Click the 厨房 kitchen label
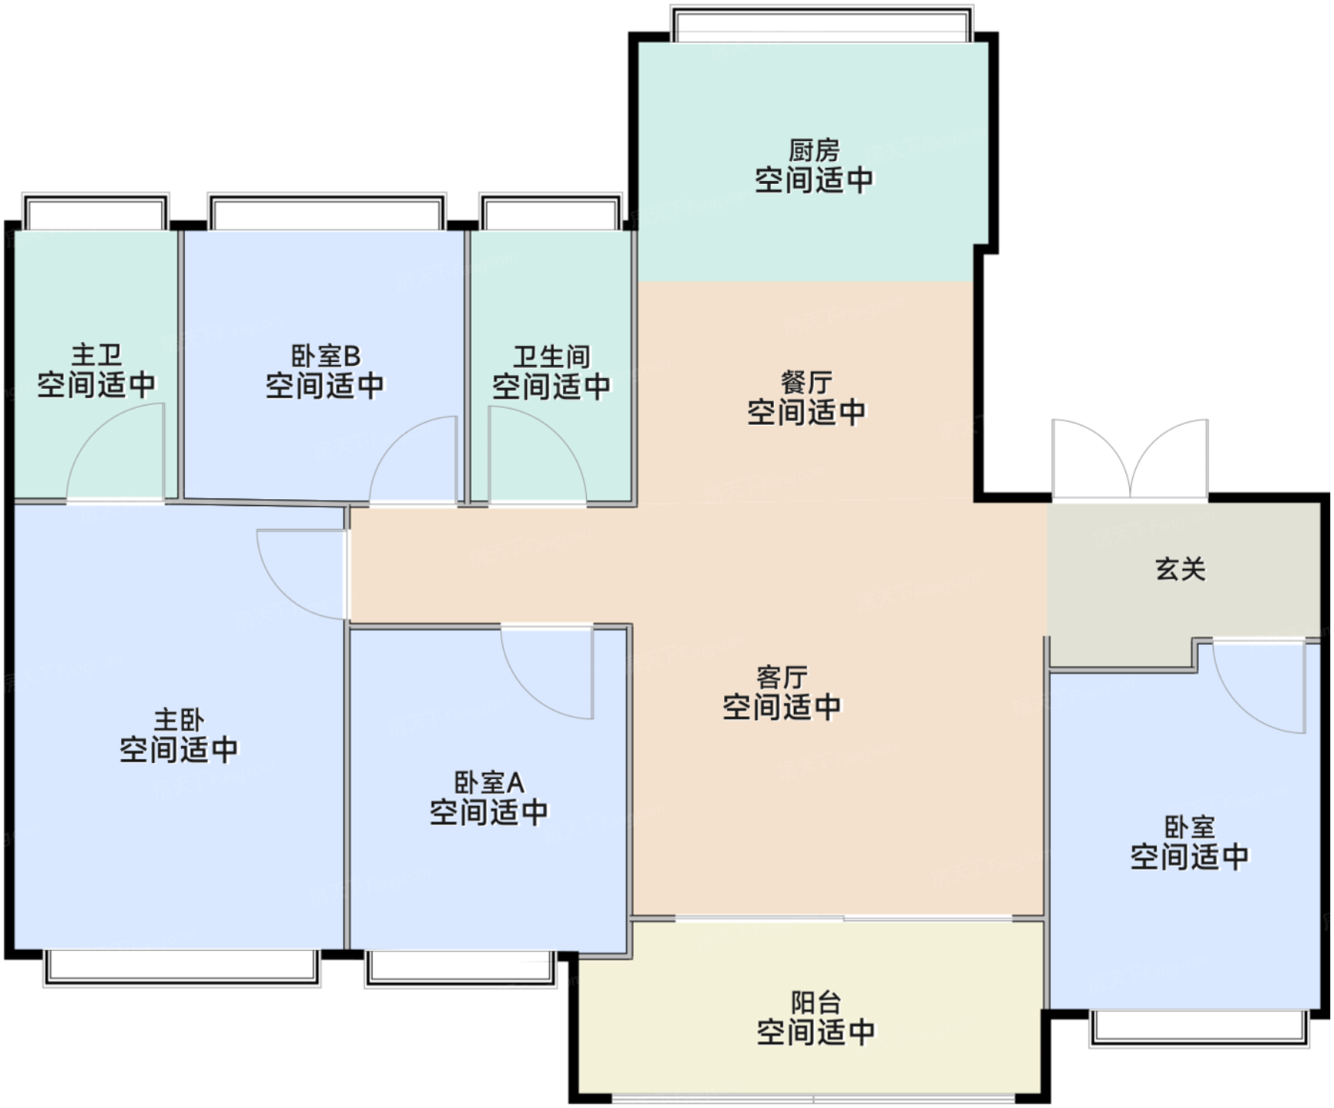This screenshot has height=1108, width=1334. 814,151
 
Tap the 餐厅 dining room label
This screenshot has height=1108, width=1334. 807,383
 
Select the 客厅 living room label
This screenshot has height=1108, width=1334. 782,677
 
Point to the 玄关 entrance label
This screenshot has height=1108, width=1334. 1181,570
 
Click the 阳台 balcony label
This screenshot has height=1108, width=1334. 816,1002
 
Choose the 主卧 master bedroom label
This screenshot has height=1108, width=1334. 179,720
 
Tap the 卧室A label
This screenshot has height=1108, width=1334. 489,783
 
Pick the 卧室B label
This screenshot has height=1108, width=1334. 326,356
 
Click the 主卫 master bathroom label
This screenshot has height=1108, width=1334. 96,354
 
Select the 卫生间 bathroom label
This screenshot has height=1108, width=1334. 552,356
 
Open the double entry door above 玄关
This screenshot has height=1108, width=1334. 1130,458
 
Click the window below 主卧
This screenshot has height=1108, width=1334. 182,967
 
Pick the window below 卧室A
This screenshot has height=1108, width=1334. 460,968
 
